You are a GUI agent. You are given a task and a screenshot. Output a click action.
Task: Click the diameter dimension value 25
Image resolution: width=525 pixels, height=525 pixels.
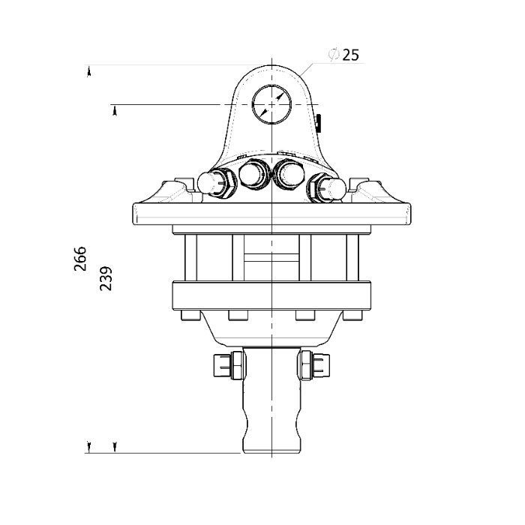pos(350,55)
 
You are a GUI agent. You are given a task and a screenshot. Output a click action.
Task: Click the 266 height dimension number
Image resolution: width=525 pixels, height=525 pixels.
pos(80,259)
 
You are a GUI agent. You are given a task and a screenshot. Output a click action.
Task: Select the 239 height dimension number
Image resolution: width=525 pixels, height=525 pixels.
pos(106,278)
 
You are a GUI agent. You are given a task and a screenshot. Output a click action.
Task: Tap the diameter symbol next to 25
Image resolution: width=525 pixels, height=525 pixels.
pos(334,55)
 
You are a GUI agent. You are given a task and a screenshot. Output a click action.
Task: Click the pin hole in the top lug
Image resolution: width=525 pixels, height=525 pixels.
pos(271,104)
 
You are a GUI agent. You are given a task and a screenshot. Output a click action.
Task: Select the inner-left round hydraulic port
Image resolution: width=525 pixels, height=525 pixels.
pos(253,174)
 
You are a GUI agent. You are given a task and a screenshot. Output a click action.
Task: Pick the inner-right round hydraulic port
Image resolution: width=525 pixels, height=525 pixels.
pos(289,174)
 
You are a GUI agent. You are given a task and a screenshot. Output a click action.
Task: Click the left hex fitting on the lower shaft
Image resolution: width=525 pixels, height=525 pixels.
pos(229,365)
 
